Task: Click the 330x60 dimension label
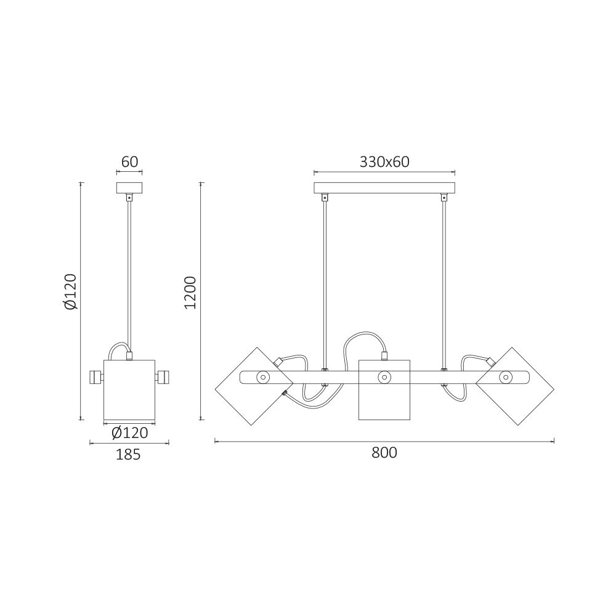click(384, 162)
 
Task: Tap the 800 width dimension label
click(384, 453)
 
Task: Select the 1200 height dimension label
click(190, 293)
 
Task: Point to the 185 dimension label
click(128, 455)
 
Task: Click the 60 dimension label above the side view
click(129, 162)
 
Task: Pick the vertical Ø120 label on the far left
click(71, 291)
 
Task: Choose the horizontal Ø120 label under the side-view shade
click(129, 432)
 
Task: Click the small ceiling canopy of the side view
click(129, 188)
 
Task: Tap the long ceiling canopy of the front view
click(384, 188)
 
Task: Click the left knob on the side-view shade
click(96, 378)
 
